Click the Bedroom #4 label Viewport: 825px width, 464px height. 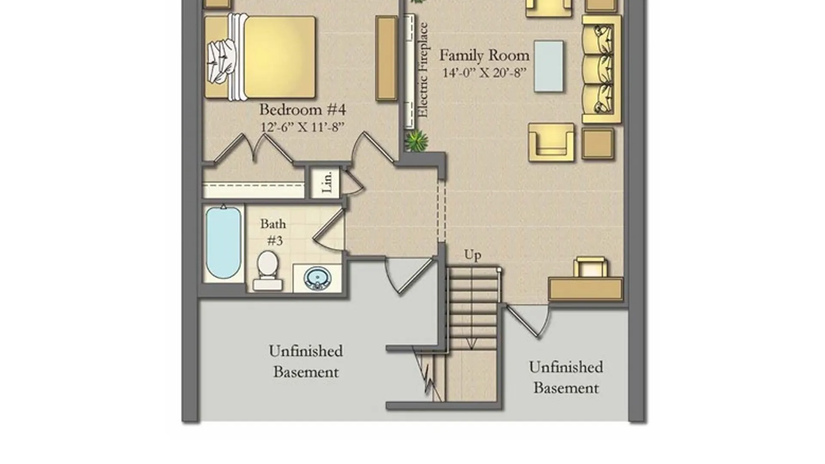pyautogui.click(x=302, y=110)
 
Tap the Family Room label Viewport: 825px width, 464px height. pyautogui.click(x=484, y=55)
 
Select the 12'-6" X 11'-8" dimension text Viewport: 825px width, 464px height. pyautogui.click(x=302, y=127)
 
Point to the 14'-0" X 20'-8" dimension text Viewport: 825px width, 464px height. pyautogui.click(x=484, y=73)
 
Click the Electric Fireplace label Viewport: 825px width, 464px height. pyautogui.click(x=423, y=70)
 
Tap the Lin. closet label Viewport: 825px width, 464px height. pyautogui.click(x=327, y=182)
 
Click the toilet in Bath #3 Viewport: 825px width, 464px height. pyautogui.click(x=267, y=271)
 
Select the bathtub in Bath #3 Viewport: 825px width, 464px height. pyautogui.click(x=223, y=243)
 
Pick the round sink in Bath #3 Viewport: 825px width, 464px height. pyautogui.click(x=318, y=278)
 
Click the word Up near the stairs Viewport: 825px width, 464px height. pyautogui.click(x=473, y=255)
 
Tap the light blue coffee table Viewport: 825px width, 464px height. pyautogui.click(x=549, y=66)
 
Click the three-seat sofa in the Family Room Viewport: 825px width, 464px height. pyautogui.click(x=602, y=70)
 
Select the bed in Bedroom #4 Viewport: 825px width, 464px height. pyautogui.click(x=260, y=57)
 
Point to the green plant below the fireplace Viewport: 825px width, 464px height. pyautogui.click(x=416, y=141)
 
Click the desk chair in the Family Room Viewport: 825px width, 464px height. pyautogui.click(x=591, y=267)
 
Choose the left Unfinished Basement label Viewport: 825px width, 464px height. pyautogui.click(x=306, y=361)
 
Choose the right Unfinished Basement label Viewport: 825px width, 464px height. pyautogui.click(x=566, y=377)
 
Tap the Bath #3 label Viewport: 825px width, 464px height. pyautogui.click(x=273, y=232)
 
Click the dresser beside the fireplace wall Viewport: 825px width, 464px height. pyautogui.click(x=386, y=58)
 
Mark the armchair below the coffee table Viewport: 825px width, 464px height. pyautogui.click(x=551, y=143)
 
